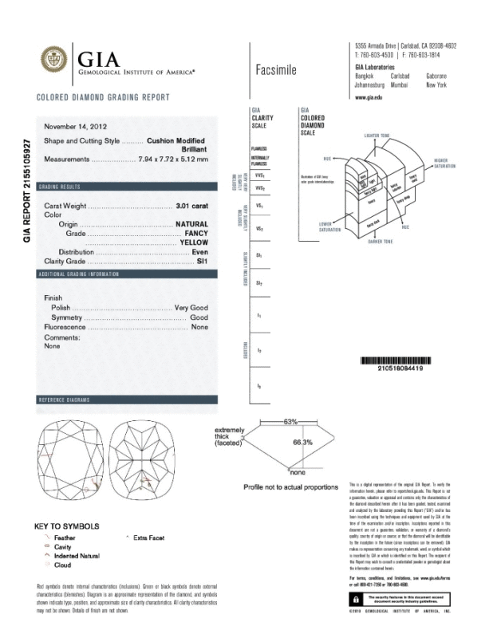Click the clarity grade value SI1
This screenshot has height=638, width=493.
click(x=201, y=261)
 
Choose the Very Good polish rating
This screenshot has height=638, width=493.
click(x=191, y=307)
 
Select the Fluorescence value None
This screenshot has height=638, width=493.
click(x=199, y=327)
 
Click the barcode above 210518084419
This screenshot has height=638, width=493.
click(x=396, y=358)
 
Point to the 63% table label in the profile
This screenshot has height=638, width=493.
click(x=290, y=420)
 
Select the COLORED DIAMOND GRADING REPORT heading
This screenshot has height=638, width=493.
click(x=103, y=97)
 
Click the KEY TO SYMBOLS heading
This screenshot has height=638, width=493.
click(x=67, y=526)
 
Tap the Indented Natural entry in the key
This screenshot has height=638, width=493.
click(x=77, y=556)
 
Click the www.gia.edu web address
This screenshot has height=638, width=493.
click(x=369, y=96)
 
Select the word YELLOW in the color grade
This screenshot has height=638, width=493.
click(x=194, y=242)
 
